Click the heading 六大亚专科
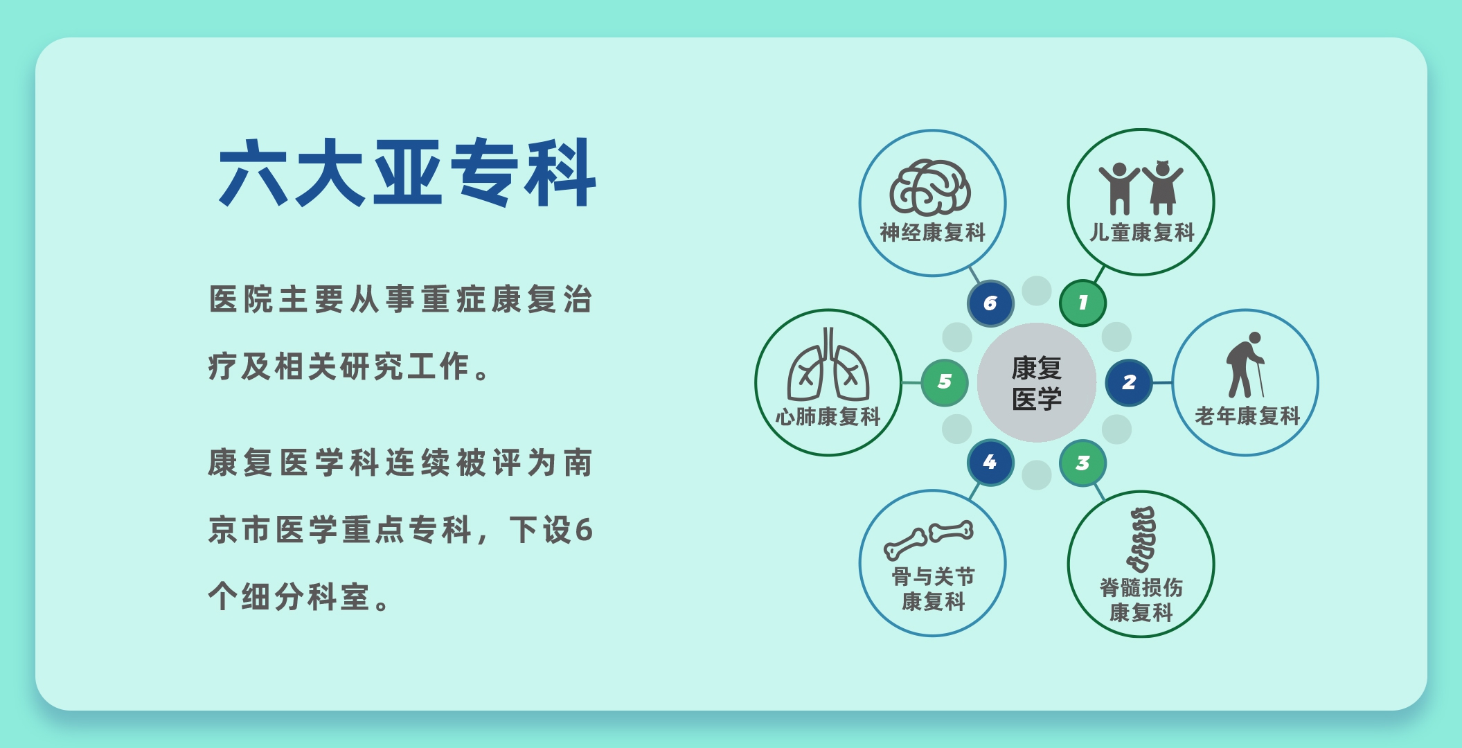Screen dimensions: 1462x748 point(407,172)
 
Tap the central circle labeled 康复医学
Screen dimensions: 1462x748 point(1036,382)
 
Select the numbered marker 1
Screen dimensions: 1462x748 point(1082,303)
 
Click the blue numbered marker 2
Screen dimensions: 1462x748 point(1129,382)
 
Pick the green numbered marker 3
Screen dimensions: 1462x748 point(1082,463)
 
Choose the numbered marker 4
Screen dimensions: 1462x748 point(990,462)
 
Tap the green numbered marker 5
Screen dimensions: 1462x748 point(945,382)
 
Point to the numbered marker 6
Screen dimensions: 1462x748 point(990,303)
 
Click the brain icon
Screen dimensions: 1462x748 point(930,188)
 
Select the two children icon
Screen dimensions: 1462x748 point(1141,188)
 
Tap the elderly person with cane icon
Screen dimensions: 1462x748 point(1246,364)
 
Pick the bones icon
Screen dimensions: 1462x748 point(928,540)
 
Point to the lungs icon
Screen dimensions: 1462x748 point(828,364)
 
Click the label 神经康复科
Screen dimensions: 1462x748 point(932,233)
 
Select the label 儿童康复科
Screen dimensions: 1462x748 point(1142,233)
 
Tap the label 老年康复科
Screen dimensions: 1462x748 point(1247,416)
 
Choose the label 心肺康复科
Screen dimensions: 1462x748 point(828,417)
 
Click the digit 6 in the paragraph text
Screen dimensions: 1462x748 point(584,531)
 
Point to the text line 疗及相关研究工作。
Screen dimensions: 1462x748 point(350,366)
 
